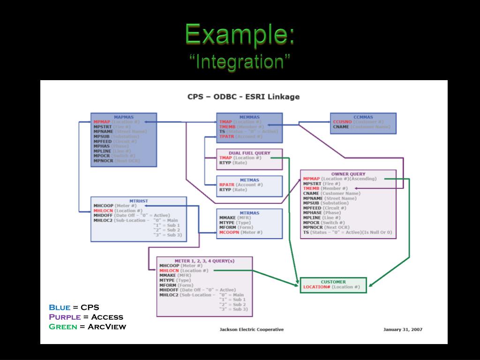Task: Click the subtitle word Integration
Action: [240, 61]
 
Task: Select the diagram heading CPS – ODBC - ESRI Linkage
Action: [243, 97]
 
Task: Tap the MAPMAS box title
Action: [124, 117]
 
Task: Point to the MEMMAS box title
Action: [249, 117]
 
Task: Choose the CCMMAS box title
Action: [363, 117]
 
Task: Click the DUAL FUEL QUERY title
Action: [249, 153]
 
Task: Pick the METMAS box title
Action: [249, 180]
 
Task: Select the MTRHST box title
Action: [139, 201]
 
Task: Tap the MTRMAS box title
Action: [249, 213]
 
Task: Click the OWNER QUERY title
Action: [348, 174]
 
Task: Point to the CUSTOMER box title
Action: [333, 282]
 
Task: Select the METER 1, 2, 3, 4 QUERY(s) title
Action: [204, 261]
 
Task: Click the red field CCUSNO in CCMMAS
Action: [342, 122]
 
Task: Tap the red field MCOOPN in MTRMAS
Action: [229, 232]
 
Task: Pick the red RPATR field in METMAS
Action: [226, 185]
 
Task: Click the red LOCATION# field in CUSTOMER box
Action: [317, 287]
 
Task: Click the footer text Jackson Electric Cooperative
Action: [251, 330]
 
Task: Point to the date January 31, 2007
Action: [403, 330]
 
